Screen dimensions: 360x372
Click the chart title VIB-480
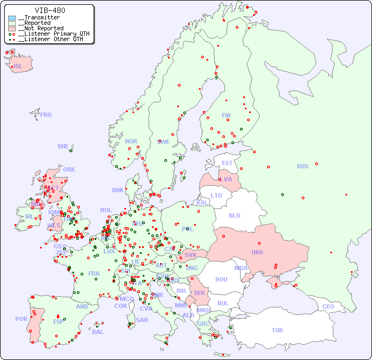50,10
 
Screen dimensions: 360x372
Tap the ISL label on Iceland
18,67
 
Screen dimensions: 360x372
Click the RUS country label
302,166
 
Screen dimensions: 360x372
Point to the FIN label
226,115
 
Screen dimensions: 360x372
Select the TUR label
277,330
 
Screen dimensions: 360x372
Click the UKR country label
257,252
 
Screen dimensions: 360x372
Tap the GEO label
328,306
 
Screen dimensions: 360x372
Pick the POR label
21,319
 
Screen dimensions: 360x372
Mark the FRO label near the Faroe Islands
46,115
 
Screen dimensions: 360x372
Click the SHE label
63,146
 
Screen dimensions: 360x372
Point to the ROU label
221,279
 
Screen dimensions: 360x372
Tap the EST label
227,163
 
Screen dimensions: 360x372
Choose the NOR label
131,141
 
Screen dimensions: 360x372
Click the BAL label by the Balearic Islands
97,332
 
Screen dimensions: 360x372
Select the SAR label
142,319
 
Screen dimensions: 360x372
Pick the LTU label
216,195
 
